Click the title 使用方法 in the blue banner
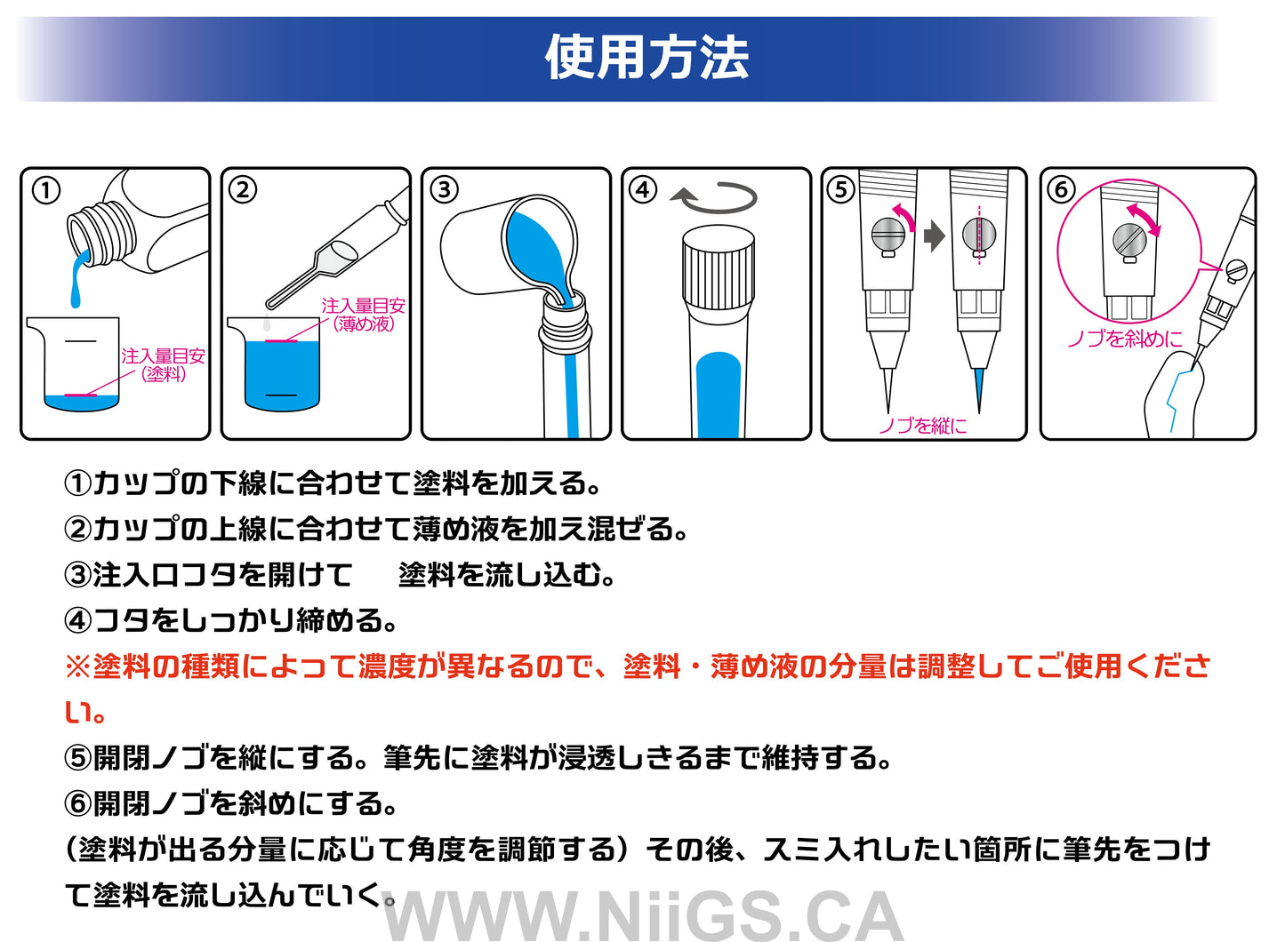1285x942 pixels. tap(647, 58)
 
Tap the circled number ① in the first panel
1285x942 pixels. tap(46, 191)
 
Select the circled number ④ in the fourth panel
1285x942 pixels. tap(643, 190)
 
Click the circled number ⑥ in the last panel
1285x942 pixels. tap(1061, 190)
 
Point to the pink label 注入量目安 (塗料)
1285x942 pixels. tap(163, 365)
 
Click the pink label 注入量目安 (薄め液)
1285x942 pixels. tap(363, 315)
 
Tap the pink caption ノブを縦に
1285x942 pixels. tap(923, 426)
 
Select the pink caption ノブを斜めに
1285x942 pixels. tap(1125, 339)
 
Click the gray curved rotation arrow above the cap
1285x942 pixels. tap(713, 197)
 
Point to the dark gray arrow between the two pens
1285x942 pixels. tap(934, 236)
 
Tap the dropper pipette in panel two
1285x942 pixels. tap(338, 247)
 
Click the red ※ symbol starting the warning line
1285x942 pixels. tap(77, 667)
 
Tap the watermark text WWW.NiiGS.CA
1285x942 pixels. tap(643, 915)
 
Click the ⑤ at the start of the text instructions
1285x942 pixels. tap(77, 758)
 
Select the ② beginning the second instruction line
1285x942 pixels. tap(77, 529)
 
